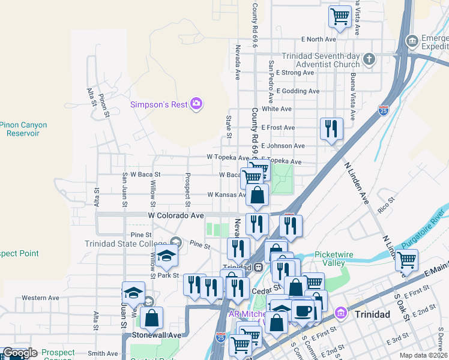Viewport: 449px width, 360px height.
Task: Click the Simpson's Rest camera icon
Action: coord(196,104)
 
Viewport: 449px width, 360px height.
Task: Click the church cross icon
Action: coord(369,59)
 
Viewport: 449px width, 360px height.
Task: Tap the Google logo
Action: coord(20,353)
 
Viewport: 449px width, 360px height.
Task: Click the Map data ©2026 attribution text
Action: coord(424,355)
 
